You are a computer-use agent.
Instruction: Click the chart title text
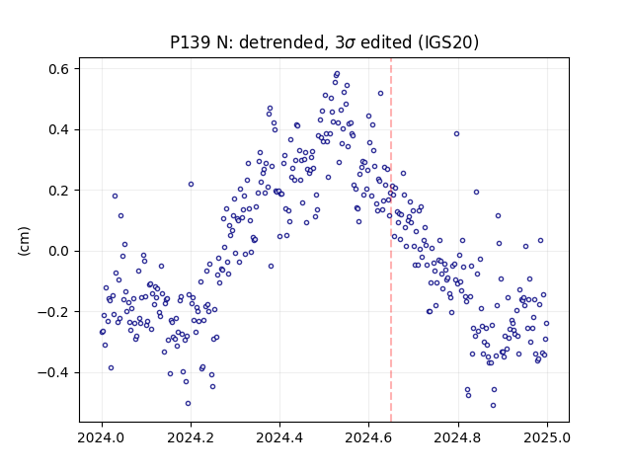tap(324, 42)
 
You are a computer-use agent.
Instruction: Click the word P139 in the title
tap(189, 42)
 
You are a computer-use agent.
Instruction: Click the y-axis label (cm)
tap(24, 241)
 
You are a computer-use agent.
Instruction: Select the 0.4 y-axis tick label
tap(59, 129)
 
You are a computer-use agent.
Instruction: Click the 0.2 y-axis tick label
tap(59, 191)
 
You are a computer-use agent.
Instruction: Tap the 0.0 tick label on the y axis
tap(59, 251)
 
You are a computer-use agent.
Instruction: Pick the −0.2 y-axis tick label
tap(53, 312)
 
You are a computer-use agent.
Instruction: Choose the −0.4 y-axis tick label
tap(53, 373)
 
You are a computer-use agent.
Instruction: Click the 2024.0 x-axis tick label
tap(102, 437)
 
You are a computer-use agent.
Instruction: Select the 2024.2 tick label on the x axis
tap(191, 437)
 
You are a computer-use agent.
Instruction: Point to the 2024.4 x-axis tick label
tap(279, 437)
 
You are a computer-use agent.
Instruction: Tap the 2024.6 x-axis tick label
tap(368, 437)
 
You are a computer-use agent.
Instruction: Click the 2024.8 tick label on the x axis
tap(458, 437)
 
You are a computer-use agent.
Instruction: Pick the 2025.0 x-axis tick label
tap(547, 437)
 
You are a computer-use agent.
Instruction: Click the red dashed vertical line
tap(391, 240)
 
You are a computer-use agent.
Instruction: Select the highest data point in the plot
tap(338, 74)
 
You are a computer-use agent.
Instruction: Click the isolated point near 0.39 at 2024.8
tap(456, 134)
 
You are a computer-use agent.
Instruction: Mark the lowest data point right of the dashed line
tap(493, 406)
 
